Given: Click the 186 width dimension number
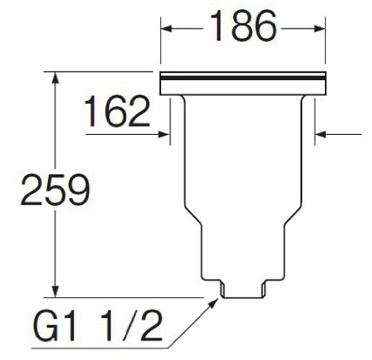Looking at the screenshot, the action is pos(243,26).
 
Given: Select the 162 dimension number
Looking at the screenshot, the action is pos(117,111).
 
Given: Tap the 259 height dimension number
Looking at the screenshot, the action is pos(55,189).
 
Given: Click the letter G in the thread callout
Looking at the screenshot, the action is pos(46,326).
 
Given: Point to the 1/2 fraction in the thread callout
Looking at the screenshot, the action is pos(132,326).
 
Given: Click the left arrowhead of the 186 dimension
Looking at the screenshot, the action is pos(166,28).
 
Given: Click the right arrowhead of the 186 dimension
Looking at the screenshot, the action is pos(320,28).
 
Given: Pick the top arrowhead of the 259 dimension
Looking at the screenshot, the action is pos(56,78).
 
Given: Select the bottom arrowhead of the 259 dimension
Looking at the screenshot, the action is pos(56,292).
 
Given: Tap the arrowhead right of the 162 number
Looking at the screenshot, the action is pos(163,134).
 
